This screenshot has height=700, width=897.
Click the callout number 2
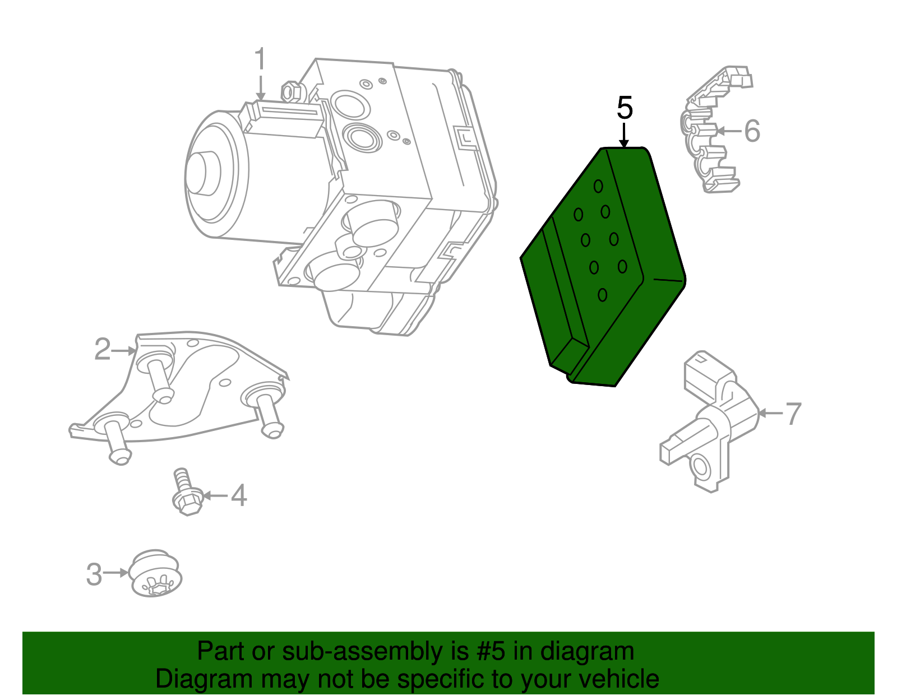[102, 350]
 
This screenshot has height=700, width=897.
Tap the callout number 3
[94, 574]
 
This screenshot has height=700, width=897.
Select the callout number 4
[239, 496]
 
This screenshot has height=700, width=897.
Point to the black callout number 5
[625, 108]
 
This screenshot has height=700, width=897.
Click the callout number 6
[752, 131]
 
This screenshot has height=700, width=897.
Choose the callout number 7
[793, 414]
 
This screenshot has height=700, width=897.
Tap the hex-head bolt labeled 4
[186, 493]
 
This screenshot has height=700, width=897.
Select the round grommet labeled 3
[156, 576]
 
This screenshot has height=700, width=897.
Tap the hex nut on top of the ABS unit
[291, 91]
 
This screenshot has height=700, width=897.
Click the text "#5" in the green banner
[491, 651]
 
